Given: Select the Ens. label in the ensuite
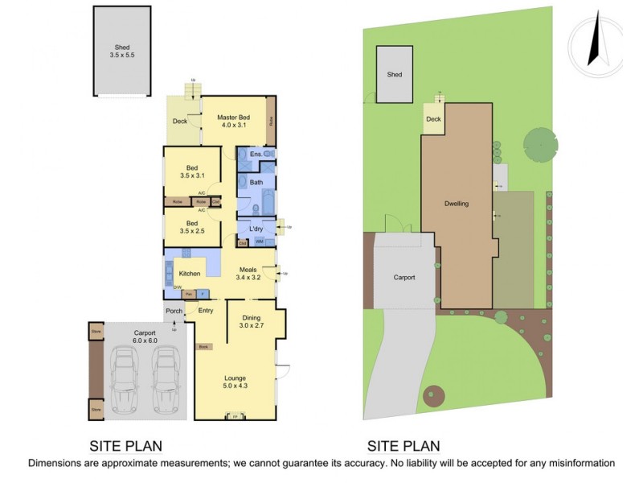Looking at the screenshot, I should [x=256, y=154].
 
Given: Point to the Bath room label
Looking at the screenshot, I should [x=256, y=183].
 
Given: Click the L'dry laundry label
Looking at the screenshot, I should [x=256, y=229].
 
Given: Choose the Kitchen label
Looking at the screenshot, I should [x=190, y=274].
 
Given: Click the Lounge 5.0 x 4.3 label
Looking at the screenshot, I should [x=235, y=382].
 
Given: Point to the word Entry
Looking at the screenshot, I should [x=206, y=311].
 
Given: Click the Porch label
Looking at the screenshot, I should [x=174, y=311].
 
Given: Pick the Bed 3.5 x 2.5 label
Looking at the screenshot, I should [x=192, y=227].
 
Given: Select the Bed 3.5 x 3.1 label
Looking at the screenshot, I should [x=192, y=171].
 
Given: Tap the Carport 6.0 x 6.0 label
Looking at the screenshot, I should [x=133, y=336].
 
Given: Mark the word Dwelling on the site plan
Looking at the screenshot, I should [x=456, y=204].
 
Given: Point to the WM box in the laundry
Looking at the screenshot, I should [x=260, y=242].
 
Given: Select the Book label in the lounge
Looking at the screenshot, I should [x=203, y=347].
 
